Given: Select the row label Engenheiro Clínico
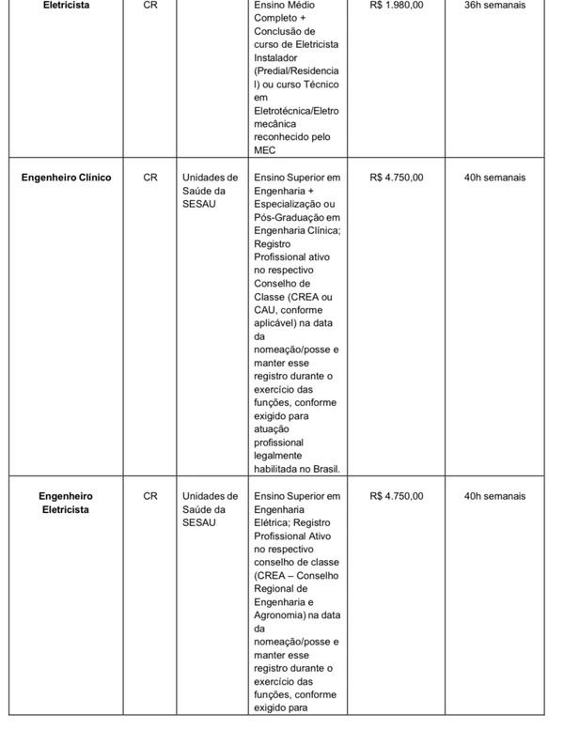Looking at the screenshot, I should (67, 177).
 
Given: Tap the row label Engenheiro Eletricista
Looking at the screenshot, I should (66, 503).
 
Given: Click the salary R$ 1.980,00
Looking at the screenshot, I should (397, 6).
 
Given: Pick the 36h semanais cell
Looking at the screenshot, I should (494, 6).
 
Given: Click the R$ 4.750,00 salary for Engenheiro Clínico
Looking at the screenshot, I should (397, 177).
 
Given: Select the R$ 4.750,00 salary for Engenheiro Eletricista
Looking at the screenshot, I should (397, 496).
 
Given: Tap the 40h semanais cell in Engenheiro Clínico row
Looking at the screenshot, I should (494, 177).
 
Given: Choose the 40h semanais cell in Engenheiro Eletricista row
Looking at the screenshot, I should (494, 496).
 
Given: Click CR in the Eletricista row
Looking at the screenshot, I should (150, 6).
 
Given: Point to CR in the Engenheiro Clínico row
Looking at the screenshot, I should (150, 177).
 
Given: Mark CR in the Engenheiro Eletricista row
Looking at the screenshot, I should (150, 496).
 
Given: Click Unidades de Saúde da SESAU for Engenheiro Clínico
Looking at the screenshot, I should (210, 190).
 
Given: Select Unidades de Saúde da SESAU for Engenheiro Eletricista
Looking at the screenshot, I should (210, 509).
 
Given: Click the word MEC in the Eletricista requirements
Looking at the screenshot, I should (265, 150).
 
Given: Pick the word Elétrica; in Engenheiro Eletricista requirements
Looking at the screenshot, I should (274, 522).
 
